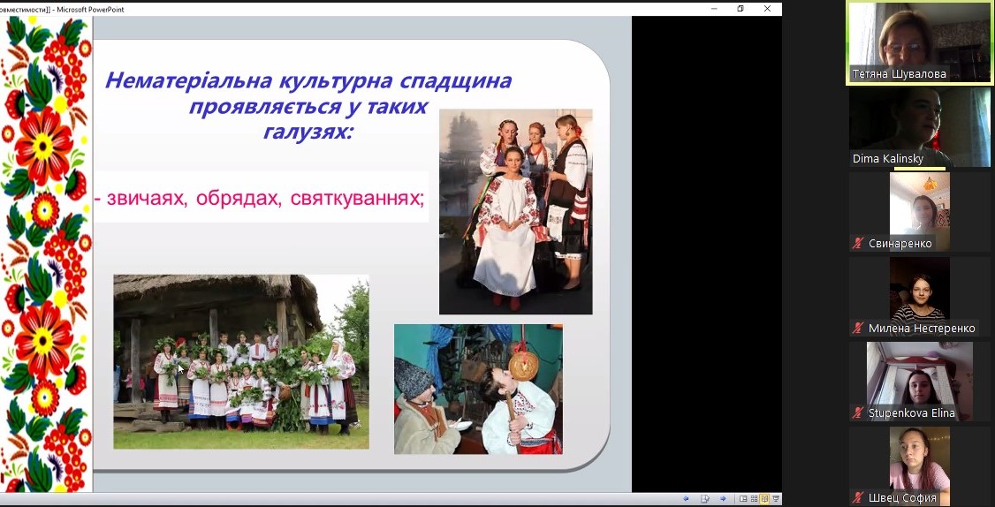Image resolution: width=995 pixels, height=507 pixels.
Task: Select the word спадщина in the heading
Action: click(456, 82)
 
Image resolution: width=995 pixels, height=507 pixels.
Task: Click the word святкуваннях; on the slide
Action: click(357, 199)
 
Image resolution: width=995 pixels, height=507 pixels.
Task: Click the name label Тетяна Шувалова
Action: click(900, 74)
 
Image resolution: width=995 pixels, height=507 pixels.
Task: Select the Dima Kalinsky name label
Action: click(888, 159)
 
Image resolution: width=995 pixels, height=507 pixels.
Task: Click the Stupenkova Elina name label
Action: click(911, 413)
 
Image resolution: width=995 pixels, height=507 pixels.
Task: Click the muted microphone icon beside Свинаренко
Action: click(859, 243)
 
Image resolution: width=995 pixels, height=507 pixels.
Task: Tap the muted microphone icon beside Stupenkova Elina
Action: click(859, 413)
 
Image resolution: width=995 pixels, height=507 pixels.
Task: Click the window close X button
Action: click(767, 8)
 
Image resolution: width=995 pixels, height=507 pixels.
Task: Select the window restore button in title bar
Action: click(741, 8)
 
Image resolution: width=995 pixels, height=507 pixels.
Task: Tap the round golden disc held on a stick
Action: click(524, 366)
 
